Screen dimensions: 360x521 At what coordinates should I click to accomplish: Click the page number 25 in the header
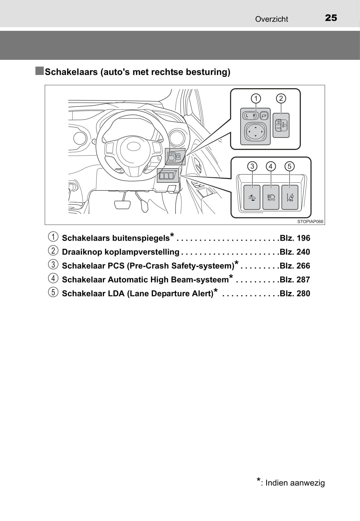331,18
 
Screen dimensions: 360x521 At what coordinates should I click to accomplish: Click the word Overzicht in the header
271,19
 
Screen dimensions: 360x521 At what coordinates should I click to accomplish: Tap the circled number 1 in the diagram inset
256,99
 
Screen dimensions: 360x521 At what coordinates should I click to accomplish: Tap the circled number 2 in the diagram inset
281,99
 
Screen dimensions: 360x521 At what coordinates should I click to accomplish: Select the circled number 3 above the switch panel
252,166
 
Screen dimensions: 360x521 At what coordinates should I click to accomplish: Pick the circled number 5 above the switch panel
289,166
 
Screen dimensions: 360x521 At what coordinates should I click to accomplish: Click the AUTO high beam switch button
271,197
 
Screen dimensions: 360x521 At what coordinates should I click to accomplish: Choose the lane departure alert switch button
290,197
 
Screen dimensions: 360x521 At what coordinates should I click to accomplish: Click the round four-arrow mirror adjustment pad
255,132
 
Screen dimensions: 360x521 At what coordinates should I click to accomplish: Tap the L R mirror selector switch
250,115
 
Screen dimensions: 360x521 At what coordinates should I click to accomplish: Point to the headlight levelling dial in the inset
281,125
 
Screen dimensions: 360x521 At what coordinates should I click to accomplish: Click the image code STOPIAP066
310,222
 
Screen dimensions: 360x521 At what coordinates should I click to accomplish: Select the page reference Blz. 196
295,238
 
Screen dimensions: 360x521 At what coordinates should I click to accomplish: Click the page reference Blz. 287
295,280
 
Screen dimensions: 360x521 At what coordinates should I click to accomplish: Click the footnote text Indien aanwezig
295,483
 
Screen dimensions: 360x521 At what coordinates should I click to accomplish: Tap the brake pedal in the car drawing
122,204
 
